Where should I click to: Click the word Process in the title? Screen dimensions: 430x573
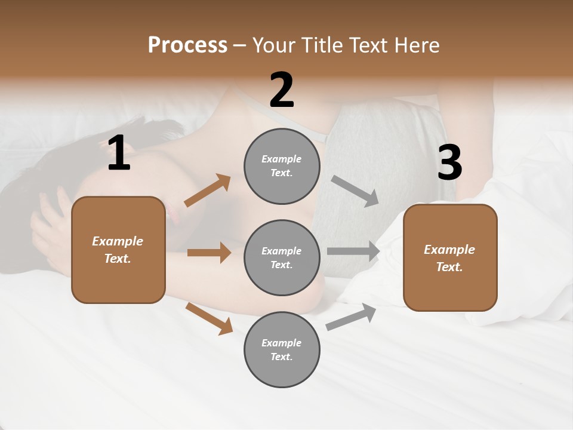187,45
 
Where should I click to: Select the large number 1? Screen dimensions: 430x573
118,153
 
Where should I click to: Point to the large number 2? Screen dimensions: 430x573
282,90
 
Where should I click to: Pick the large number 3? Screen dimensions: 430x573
449,162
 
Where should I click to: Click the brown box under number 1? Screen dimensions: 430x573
118,250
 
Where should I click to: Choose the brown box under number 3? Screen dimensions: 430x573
450,257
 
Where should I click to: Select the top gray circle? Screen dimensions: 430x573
282,166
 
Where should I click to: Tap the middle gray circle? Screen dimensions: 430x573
282,257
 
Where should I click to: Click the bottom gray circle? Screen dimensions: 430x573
282,349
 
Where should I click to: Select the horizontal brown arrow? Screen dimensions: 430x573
208,253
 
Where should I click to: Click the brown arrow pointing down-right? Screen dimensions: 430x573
209,318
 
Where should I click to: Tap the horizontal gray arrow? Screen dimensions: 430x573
353,251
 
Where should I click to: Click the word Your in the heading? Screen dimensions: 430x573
275,45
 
